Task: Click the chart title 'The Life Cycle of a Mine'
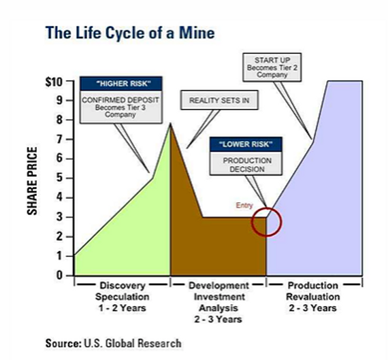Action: click(x=130, y=33)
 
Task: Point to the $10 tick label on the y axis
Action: click(x=54, y=82)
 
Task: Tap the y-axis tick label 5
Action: click(x=59, y=178)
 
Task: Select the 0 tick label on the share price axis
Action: click(x=59, y=275)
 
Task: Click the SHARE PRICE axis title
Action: click(x=32, y=181)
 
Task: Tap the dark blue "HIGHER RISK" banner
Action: click(x=121, y=84)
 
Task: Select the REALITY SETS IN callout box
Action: click(x=219, y=100)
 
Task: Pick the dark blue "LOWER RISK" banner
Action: click(x=246, y=144)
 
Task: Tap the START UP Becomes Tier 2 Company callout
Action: click(x=272, y=67)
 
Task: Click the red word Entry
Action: click(x=244, y=206)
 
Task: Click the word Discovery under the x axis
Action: click(x=123, y=286)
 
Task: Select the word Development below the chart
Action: click(x=219, y=286)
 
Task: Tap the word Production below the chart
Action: click(x=312, y=286)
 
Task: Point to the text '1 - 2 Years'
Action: click(x=123, y=308)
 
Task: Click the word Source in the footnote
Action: click(x=63, y=343)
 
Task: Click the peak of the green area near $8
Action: click(x=170, y=123)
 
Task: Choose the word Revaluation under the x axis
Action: click(x=312, y=297)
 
